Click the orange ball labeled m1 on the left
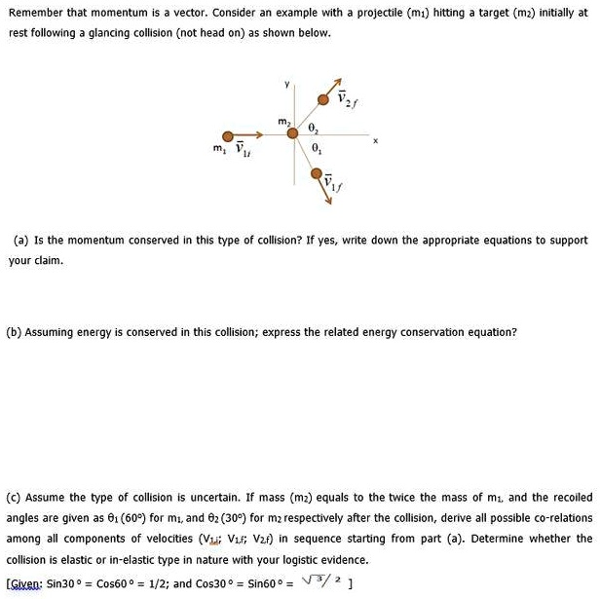pyautogui.click(x=227, y=136)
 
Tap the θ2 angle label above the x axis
pyautogui.click(x=312, y=127)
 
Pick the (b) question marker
pyautogui.click(x=16, y=331)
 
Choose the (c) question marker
pyautogui.click(x=16, y=497)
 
